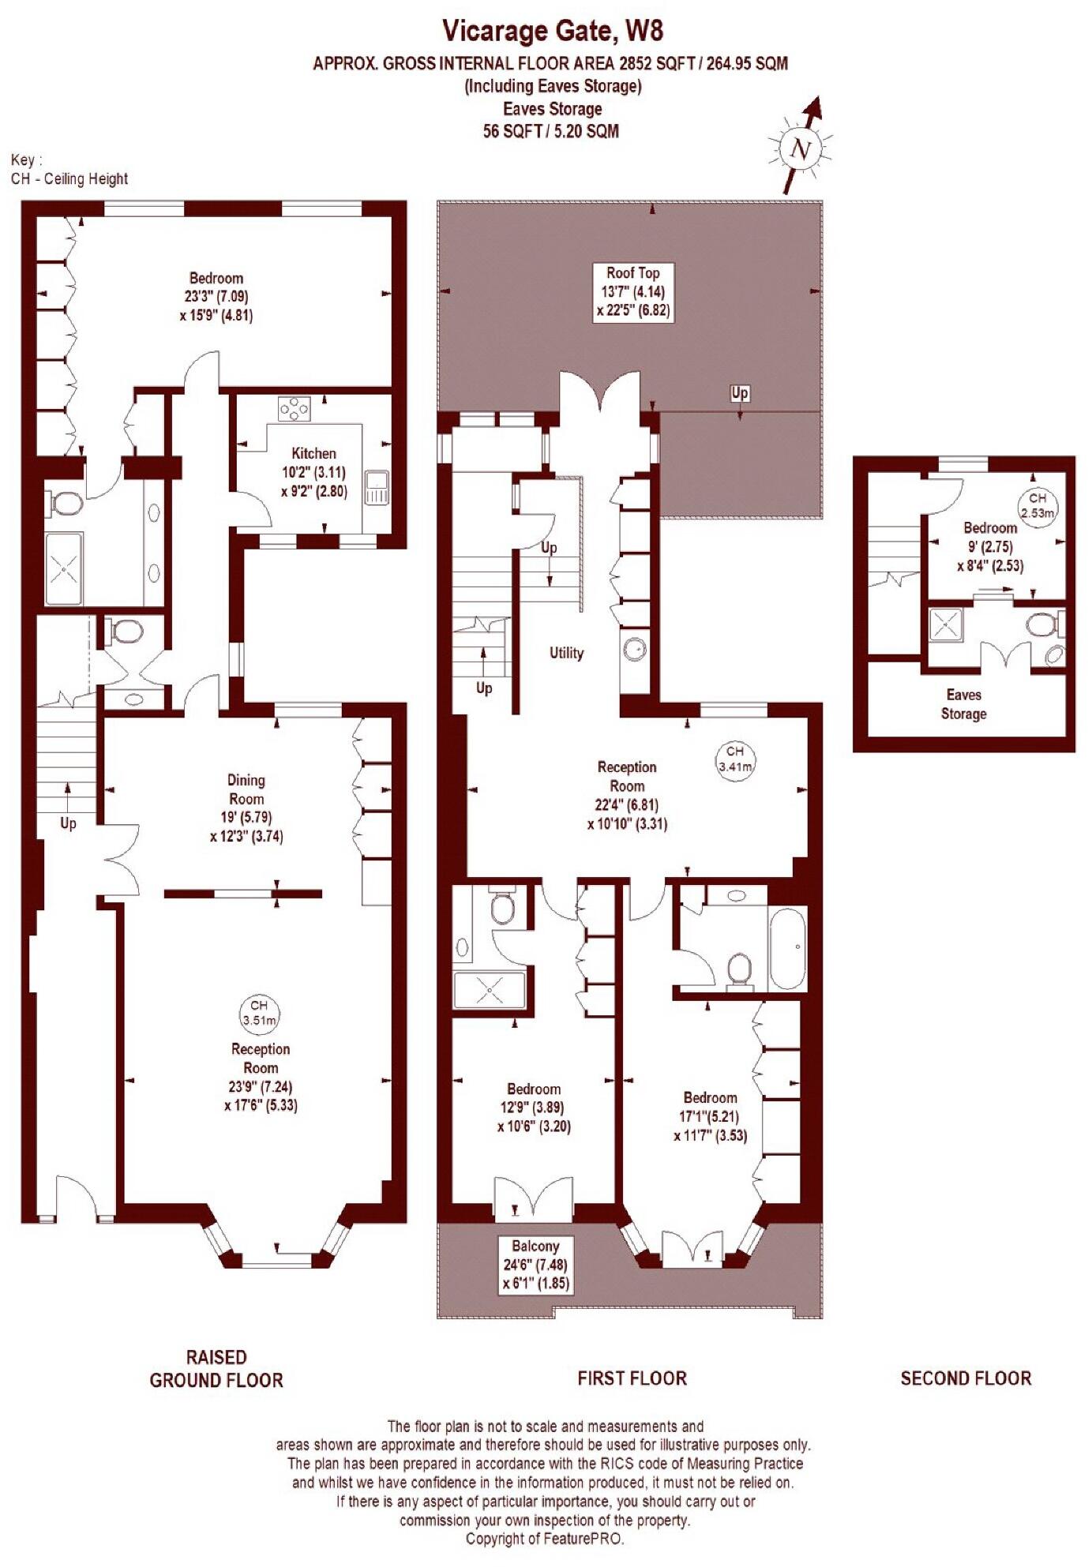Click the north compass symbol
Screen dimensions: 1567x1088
(x=801, y=148)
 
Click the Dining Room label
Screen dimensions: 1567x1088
(x=246, y=808)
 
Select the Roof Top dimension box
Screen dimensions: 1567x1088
(x=632, y=291)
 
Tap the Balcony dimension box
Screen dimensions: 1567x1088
(x=535, y=1265)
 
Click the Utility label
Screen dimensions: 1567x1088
(x=566, y=653)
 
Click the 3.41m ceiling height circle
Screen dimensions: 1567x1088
(x=734, y=759)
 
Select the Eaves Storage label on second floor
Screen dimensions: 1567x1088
(x=963, y=704)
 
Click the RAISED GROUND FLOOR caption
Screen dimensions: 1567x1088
(x=216, y=1368)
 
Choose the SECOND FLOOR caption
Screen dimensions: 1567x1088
(x=966, y=1378)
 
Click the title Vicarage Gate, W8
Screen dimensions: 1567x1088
(x=552, y=31)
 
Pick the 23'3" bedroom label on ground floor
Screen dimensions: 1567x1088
(x=216, y=296)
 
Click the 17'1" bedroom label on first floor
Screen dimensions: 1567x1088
(x=710, y=1116)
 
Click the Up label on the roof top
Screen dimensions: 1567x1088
(x=739, y=393)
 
